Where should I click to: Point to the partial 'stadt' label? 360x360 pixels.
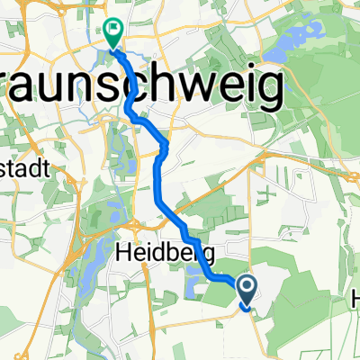point(22,168)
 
